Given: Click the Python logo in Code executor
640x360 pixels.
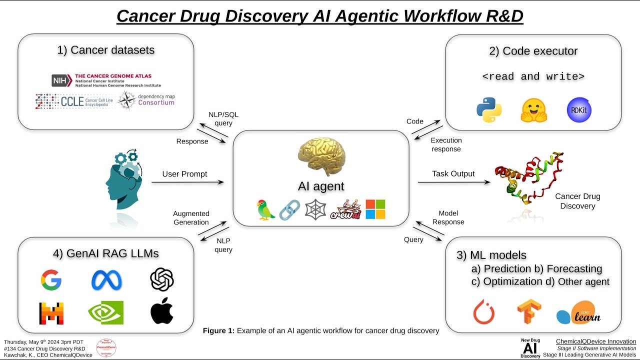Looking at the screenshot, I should tap(489, 110).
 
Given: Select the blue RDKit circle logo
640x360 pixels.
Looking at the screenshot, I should tap(579, 110).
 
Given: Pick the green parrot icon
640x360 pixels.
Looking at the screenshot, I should tap(265, 209).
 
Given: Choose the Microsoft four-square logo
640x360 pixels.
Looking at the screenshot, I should tap(375, 209).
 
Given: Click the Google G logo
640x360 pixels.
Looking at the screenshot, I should tap(51, 280).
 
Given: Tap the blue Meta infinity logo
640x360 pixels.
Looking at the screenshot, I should tap(106, 280).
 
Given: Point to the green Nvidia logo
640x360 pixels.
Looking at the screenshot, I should tap(105, 312).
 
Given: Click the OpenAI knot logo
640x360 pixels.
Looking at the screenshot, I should tap(161, 279).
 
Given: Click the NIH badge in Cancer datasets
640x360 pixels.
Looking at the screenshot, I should tap(62, 80).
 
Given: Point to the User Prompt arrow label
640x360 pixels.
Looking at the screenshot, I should tap(184, 174).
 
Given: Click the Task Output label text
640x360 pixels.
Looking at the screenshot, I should tap(453, 174).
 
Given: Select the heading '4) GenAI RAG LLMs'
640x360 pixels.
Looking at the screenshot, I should tap(105, 253).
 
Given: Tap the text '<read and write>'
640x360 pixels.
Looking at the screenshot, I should tap(533, 76).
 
